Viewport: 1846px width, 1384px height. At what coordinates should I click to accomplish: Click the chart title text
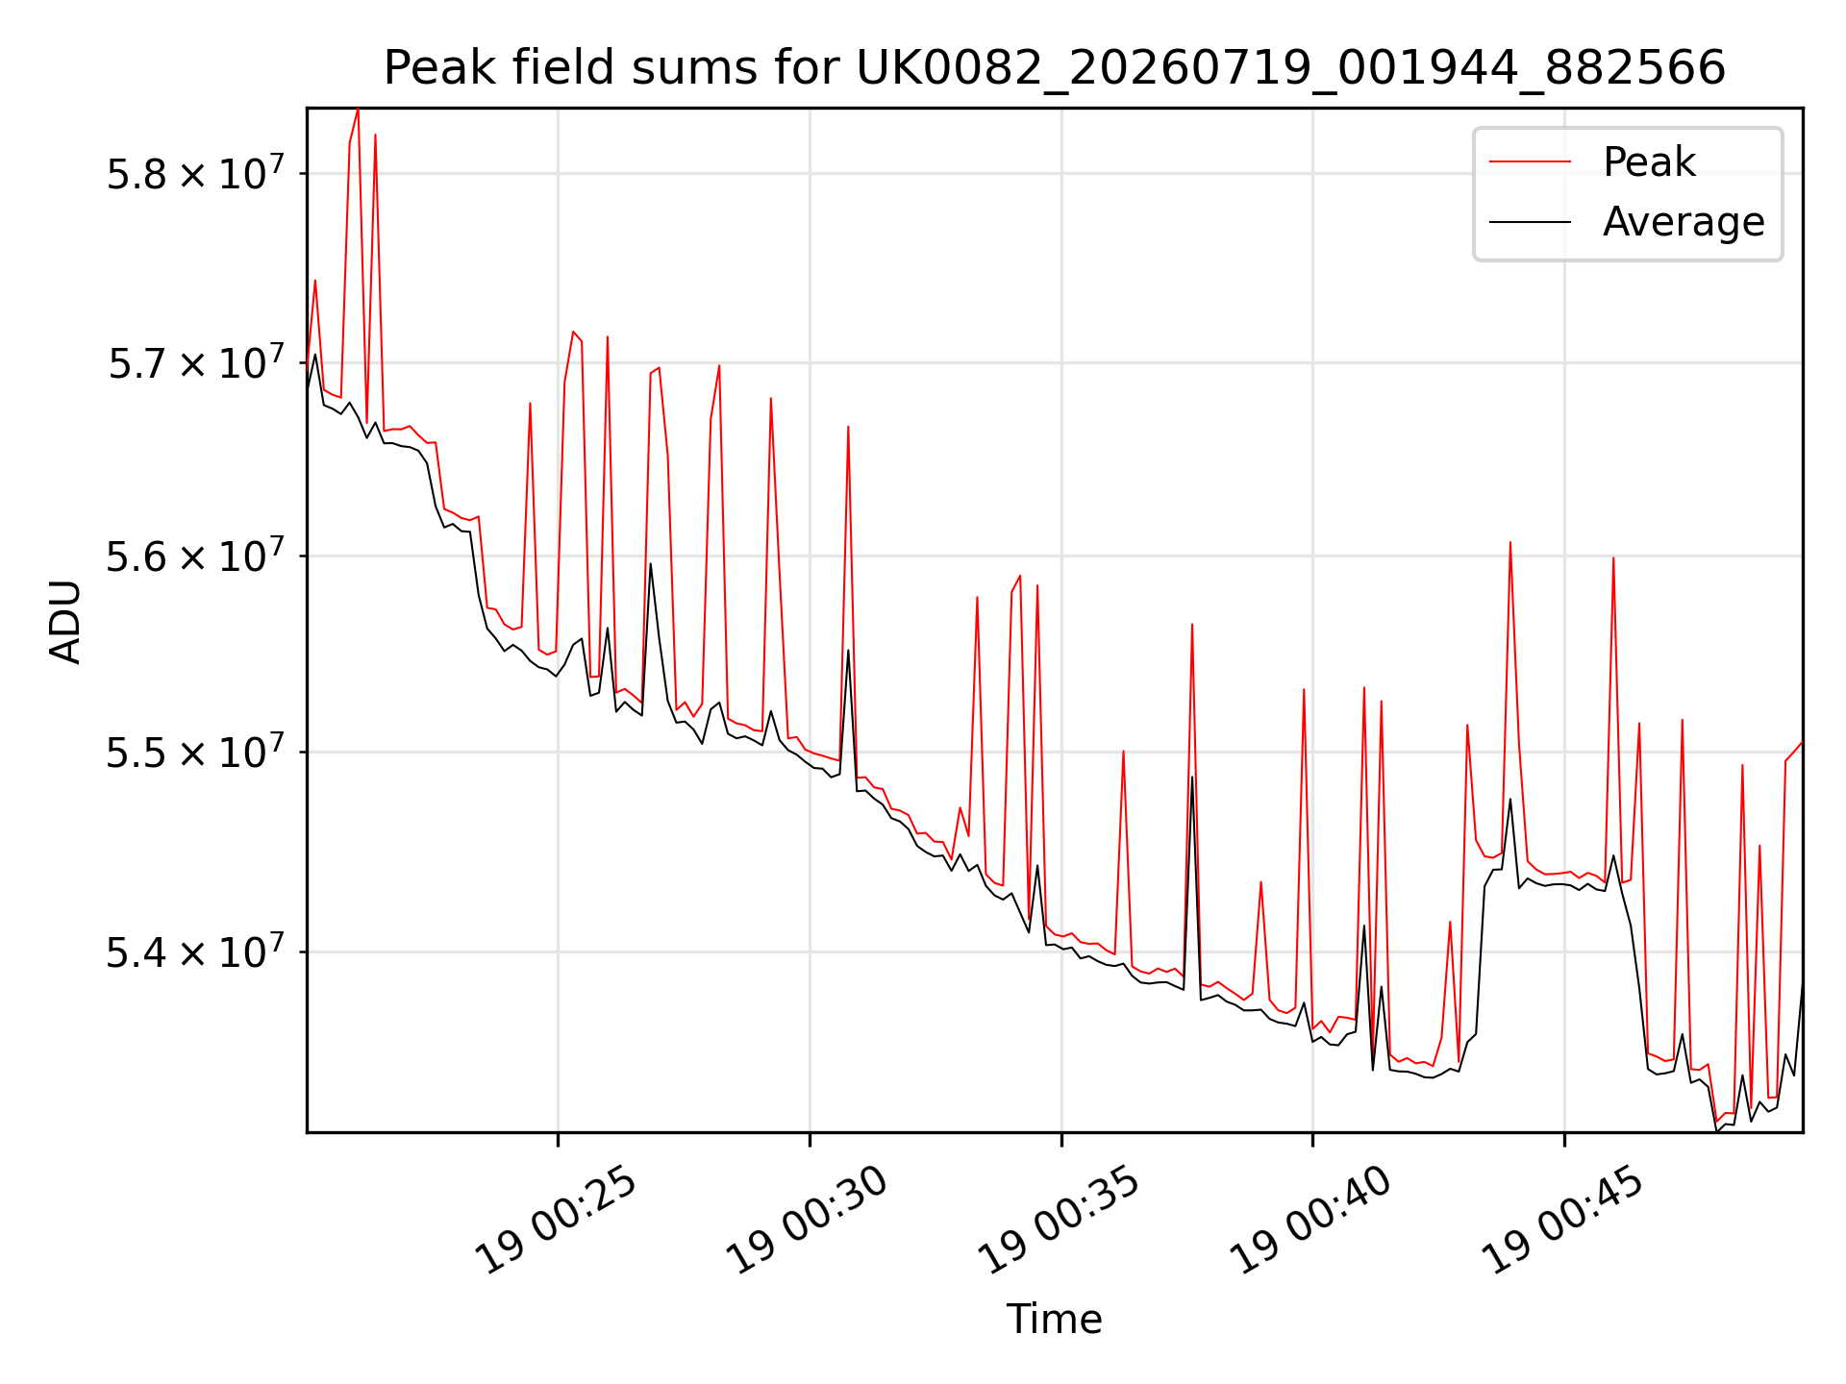(x=1055, y=68)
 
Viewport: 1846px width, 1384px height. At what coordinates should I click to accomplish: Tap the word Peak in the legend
(x=1649, y=161)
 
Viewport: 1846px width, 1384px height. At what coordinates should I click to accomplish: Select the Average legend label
(x=1684, y=222)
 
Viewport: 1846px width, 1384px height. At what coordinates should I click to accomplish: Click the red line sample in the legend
(x=1530, y=161)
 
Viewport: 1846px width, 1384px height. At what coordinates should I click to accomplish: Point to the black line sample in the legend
(x=1530, y=222)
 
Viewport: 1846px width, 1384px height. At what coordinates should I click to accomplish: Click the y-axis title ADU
(x=65, y=621)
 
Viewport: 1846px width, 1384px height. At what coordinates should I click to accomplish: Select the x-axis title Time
(x=1054, y=1319)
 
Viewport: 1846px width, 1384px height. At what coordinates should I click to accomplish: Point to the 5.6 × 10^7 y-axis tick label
(x=195, y=556)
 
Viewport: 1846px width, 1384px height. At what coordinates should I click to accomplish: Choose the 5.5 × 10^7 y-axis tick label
(x=195, y=752)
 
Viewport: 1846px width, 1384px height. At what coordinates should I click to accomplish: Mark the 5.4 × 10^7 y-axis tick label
(x=195, y=951)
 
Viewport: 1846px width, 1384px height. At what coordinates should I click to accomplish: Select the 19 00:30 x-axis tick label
(x=809, y=1221)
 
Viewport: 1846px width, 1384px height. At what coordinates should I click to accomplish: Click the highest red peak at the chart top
(x=358, y=111)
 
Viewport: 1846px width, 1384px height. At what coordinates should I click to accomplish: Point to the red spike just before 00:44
(x=1510, y=544)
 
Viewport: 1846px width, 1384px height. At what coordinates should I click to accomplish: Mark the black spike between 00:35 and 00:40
(x=1192, y=778)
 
